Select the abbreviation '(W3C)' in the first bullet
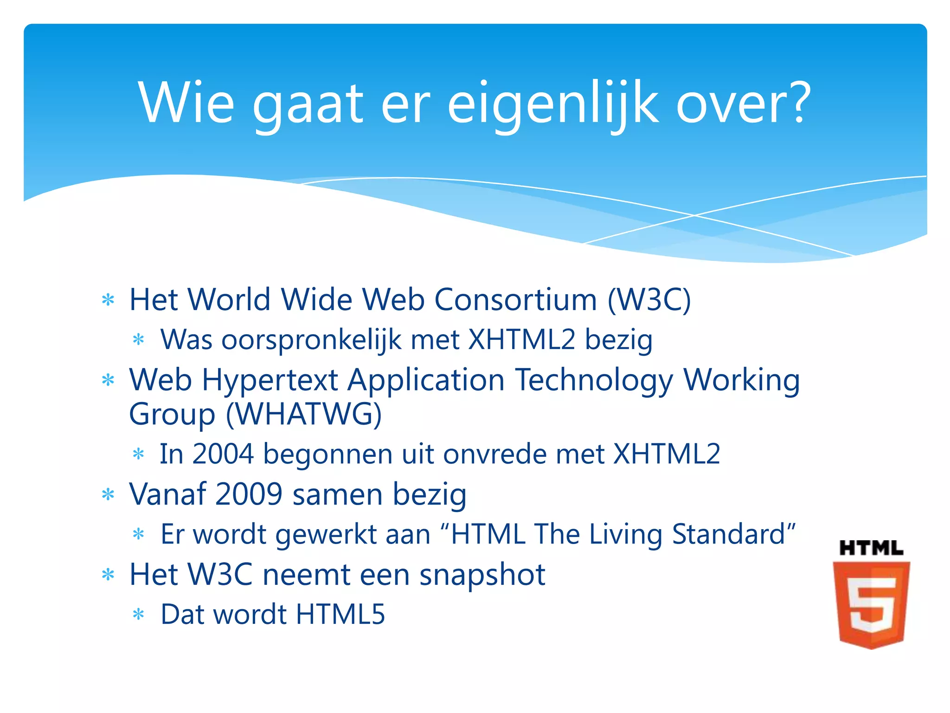649,300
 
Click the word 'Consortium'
515,300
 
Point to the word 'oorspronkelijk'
311,340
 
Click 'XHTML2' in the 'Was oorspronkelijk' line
521,339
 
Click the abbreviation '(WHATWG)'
304,414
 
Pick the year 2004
223,454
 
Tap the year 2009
249,494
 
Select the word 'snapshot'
482,575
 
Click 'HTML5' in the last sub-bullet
340,615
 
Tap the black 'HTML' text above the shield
871,548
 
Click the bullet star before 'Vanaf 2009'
108,495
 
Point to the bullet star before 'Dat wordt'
139,615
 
